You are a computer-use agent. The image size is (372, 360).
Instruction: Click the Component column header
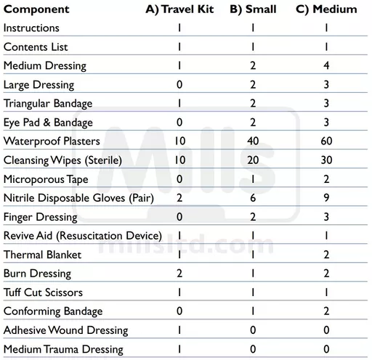click(36, 9)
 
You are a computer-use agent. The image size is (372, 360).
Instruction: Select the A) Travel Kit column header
click(178, 9)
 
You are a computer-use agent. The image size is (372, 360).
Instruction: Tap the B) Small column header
click(254, 9)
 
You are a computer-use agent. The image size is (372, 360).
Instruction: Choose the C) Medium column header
click(326, 9)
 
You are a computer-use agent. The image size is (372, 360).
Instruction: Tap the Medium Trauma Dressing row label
click(63, 349)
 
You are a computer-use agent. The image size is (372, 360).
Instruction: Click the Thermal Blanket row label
click(42, 255)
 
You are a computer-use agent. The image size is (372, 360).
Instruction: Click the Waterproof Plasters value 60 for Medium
click(326, 141)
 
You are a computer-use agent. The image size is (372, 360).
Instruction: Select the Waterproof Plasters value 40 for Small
click(254, 141)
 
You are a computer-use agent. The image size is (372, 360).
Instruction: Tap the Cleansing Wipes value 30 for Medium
click(326, 160)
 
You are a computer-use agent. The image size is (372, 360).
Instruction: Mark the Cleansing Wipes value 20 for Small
click(254, 160)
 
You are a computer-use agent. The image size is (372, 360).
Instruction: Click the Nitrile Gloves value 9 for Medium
click(326, 197)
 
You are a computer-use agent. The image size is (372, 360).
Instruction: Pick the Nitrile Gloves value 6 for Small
click(254, 197)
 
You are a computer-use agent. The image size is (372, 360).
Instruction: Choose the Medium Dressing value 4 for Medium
click(326, 65)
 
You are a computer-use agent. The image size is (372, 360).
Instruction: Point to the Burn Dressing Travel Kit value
click(179, 274)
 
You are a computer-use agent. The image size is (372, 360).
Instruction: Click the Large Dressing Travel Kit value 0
click(179, 84)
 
